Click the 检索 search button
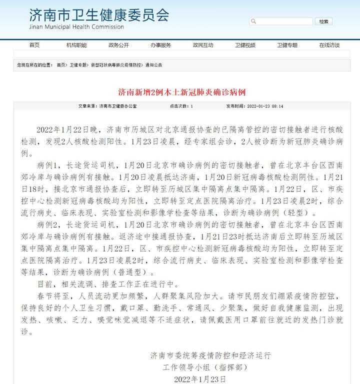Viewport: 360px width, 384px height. [x=324, y=21]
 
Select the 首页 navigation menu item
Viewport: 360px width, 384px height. [x=34, y=45]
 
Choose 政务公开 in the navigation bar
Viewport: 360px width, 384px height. [x=118, y=45]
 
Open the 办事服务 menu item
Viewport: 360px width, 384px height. [x=160, y=45]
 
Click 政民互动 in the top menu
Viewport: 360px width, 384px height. [x=202, y=45]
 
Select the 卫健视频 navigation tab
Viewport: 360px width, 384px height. [x=245, y=45]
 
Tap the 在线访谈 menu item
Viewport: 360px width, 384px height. [x=329, y=45]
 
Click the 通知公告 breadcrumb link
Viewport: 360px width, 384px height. [x=153, y=65]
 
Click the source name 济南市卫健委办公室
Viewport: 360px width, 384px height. [x=118, y=106]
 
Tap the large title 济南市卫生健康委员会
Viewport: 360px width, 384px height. [x=99, y=14]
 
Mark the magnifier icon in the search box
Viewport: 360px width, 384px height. [x=253, y=21]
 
